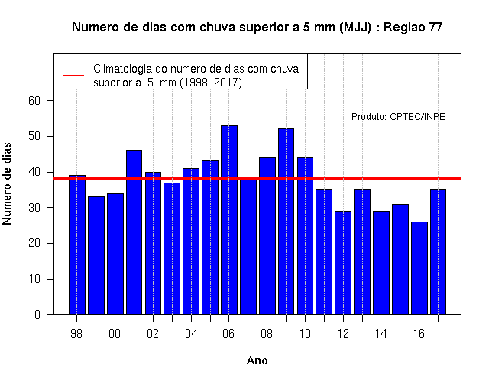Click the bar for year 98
coord(77,244)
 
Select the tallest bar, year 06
coord(229,220)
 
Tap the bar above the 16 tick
coord(419,268)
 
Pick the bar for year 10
coord(306,236)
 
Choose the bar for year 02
coord(153,243)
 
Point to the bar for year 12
coord(343,263)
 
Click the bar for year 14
coord(381,263)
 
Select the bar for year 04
coord(191,241)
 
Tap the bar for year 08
coord(267,236)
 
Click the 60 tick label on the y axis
coord(34,101)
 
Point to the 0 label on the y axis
coord(37,314)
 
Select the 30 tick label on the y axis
coord(34,207)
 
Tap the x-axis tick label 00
coord(115,334)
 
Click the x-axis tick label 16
coord(419,334)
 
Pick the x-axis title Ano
coord(257,361)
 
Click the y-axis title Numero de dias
coord(7,183)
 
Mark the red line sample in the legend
coord(73,76)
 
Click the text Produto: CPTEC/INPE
coord(398,117)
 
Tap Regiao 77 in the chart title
coord(413,28)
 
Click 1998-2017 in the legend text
coord(211,83)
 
